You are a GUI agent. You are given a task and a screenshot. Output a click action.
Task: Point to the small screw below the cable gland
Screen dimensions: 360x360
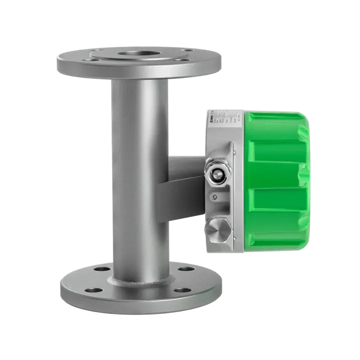[215, 196]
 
